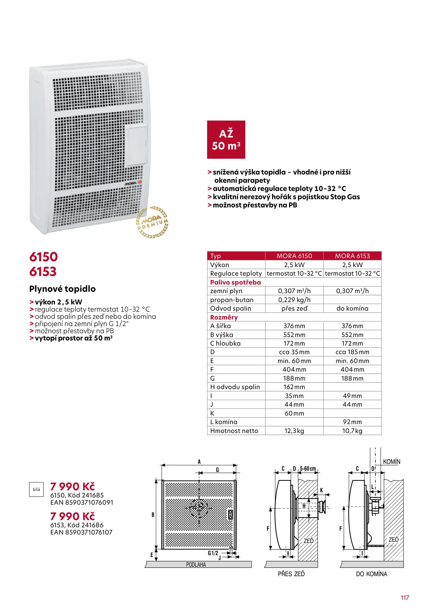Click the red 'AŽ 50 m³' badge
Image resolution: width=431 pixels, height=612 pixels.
pyautogui.click(x=226, y=140)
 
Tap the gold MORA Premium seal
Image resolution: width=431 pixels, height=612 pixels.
pyautogui.click(x=152, y=222)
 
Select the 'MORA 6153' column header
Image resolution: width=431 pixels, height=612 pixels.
pyautogui.click(x=352, y=256)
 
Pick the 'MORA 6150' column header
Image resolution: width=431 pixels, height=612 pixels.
pyautogui.click(x=294, y=256)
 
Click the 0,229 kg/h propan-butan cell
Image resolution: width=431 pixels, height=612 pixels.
pyautogui.click(x=294, y=300)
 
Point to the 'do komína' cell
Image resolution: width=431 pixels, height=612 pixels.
pyautogui.click(x=352, y=308)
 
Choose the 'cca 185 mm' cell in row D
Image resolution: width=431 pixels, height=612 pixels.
pyautogui.click(x=352, y=352)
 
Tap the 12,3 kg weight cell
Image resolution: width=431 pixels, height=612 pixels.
pyautogui.click(x=294, y=431)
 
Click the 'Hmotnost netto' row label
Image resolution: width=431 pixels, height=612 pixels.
pyautogui.click(x=234, y=431)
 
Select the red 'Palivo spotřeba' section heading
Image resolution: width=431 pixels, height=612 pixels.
pyautogui.click(x=236, y=282)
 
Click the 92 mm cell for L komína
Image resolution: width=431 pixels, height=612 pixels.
pyautogui.click(x=352, y=422)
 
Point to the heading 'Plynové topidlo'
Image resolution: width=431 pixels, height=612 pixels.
pyautogui.click(x=62, y=289)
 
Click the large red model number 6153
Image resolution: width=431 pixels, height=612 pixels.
pyautogui.click(x=43, y=272)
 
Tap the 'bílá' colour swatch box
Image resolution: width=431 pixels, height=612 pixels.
pyautogui.click(x=36, y=489)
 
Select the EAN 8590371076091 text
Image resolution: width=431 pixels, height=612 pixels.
pyautogui.click(x=82, y=502)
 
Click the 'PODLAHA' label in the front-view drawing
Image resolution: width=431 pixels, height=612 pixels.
pyautogui.click(x=196, y=564)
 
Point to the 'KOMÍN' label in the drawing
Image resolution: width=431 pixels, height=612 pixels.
pyautogui.click(x=392, y=461)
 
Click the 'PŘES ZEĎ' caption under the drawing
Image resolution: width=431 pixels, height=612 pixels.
pyautogui.click(x=291, y=574)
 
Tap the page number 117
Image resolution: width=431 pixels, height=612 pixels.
pyautogui.click(x=405, y=598)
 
